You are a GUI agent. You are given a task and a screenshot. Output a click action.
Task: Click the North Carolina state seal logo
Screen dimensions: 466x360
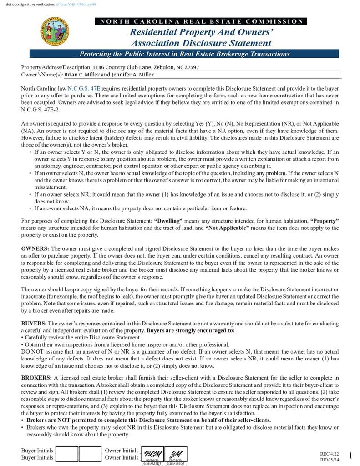(56, 31)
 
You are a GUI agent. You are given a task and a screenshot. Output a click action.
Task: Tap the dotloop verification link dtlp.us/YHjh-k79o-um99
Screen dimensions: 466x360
(76, 4)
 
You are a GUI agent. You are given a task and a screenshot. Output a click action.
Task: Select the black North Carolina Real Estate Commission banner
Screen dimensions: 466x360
(201, 21)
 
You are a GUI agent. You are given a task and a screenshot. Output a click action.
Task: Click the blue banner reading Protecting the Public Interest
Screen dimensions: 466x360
(184, 54)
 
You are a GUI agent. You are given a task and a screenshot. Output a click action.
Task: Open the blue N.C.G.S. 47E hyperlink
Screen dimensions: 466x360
(84, 88)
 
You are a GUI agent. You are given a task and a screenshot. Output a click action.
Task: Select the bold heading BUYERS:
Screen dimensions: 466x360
(34, 323)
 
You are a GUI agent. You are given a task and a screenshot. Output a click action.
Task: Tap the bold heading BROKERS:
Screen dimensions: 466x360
(36, 378)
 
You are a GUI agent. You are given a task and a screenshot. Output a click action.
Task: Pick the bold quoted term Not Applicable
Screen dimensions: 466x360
(227, 228)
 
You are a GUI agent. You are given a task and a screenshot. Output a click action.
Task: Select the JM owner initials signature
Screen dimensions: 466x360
(175, 454)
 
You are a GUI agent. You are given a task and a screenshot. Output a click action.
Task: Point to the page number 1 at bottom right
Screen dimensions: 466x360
(350, 456)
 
